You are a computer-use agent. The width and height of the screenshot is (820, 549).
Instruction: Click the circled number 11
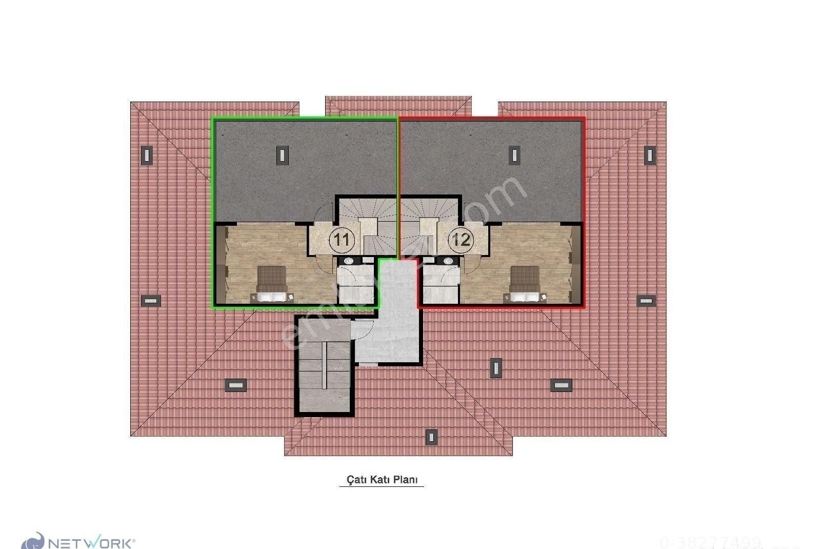point(342,240)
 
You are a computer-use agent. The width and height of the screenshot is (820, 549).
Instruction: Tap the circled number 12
point(461,240)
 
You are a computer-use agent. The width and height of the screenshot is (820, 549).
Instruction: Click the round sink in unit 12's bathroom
point(448,261)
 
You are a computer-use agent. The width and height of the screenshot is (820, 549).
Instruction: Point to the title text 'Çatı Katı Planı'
point(382,479)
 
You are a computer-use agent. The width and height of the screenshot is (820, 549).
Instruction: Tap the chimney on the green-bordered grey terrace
point(282,154)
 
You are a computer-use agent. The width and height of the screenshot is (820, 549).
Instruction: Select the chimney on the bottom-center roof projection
point(431,437)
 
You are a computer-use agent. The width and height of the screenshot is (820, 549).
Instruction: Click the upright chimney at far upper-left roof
point(147,155)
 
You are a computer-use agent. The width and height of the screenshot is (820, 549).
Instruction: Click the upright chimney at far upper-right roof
point(649,154)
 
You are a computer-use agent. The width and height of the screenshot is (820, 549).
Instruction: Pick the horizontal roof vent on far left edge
point(151,301)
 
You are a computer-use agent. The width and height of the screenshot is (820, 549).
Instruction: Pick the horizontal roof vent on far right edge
point(646,301)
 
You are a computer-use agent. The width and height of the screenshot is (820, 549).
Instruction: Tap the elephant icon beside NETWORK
point(33,541)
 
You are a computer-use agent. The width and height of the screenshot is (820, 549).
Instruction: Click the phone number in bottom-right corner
point(710,542)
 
